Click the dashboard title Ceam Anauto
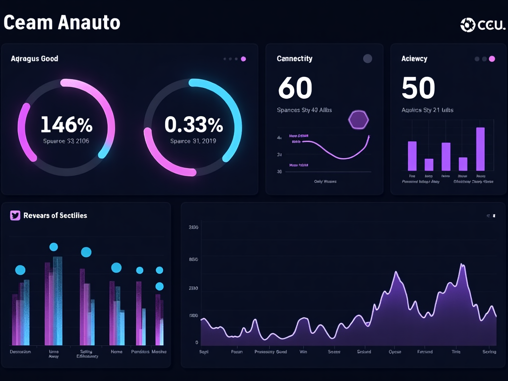[x=62, y=22]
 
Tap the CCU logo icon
[x=468, y=24]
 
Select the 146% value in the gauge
[x=66, y=125]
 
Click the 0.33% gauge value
[x=193, y=125]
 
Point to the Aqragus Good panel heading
[x=34, y=59]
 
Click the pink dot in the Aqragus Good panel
[x=243, y=59]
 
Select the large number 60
[x=295, y=88]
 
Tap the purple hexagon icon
[x=359, y=119]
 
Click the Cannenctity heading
[x=294, y=59]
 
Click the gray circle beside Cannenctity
[x=368, y=59]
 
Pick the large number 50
[x=418, y=88]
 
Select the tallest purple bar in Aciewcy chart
[x=480, y=149]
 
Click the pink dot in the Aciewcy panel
[x=492, y=59]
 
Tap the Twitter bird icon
[x=15, y=215]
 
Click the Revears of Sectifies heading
[x=55, y=215]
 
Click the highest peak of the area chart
[x=462, y=265]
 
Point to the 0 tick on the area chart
[x=196, y=343]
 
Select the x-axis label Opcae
[x=395, y=352]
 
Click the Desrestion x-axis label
[x=20, y=351]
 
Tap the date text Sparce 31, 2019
[x=193, y=141]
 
